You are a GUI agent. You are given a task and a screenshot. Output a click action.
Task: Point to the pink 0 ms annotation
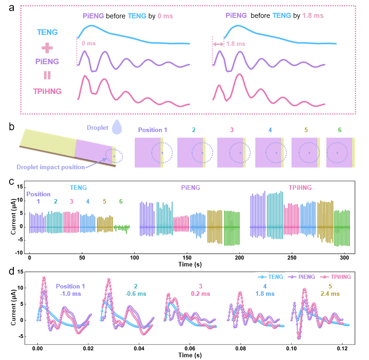click(x=88, y=44)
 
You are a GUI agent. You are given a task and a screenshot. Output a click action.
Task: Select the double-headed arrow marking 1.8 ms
click(x=218, y=44)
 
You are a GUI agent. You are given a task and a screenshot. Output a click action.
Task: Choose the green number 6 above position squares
click(x=339, y=130)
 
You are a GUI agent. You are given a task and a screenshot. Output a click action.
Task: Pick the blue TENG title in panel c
click(x=78, y=188)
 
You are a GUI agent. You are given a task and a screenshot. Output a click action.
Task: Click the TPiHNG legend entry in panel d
click(x=335, y=277)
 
